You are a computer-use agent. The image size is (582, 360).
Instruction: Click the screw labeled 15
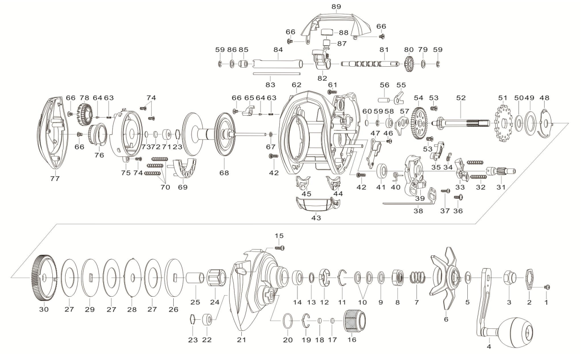point(280,248)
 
